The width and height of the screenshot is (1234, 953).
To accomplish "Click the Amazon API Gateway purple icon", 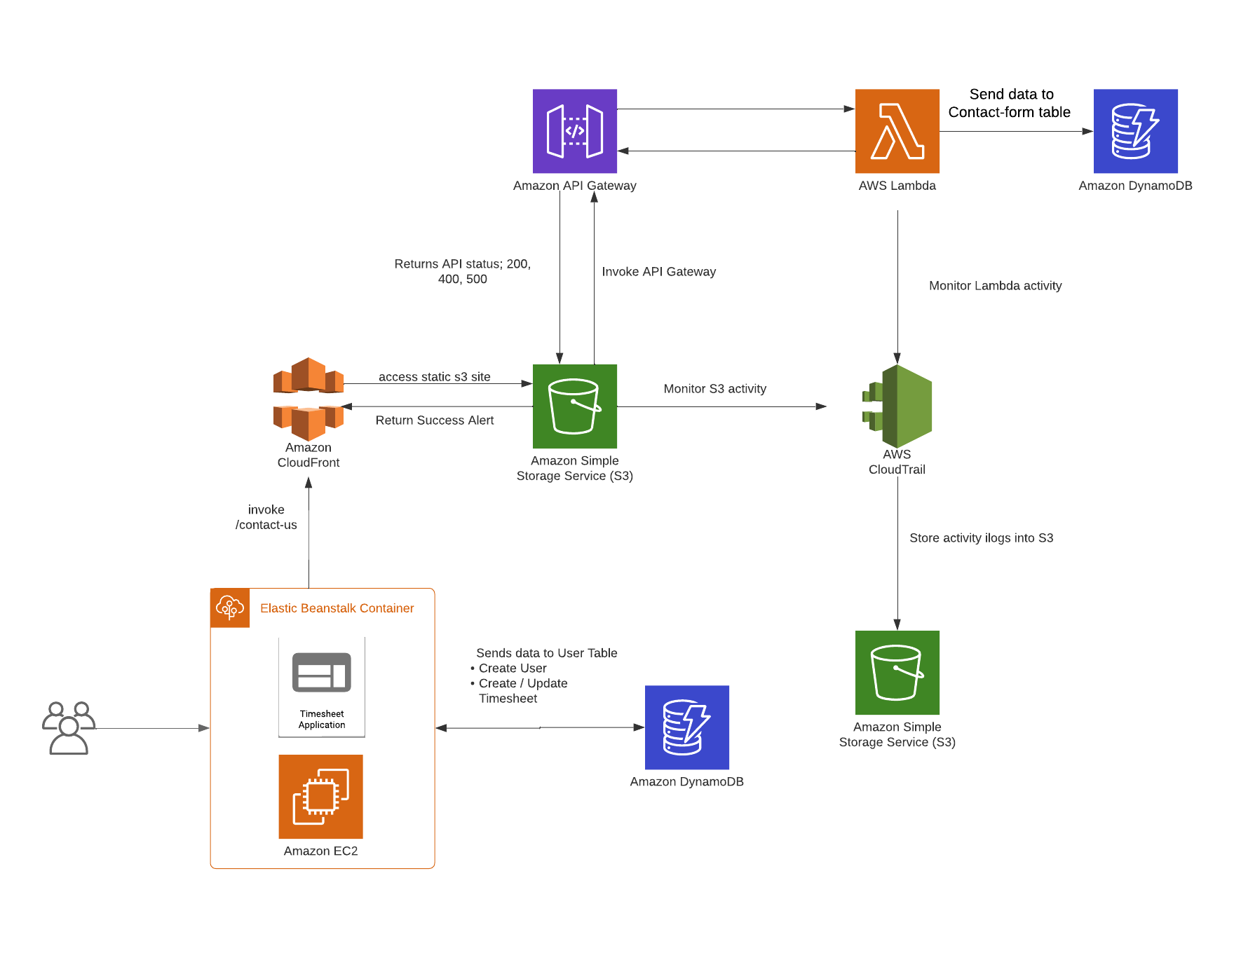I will tap(574, 131).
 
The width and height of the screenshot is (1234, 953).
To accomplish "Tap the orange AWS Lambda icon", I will tap(897, 131).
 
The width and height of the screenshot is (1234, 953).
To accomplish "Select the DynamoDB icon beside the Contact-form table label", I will tap(1135, 131).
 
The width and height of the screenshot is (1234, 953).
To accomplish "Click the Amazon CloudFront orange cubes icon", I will tap(308, 398).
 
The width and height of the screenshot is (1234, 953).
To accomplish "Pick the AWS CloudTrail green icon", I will tap(898, 406).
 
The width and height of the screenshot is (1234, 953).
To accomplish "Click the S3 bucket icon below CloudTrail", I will tap(897, 672).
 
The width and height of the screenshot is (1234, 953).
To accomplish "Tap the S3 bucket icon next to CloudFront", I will tap(574, 406).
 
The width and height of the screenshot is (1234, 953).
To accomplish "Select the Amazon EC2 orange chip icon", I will tap(320, 796).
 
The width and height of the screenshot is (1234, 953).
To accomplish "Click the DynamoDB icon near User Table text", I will tap(686, 727).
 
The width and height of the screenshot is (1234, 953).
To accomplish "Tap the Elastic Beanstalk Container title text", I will tap(337, 608).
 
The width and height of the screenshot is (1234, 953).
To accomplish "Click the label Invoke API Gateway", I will tap(658, 272).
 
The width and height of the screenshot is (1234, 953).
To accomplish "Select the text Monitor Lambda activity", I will tap(995, 286).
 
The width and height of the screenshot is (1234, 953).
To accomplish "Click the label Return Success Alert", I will tap(434, 420).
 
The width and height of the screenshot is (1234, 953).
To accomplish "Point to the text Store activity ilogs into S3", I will tap(981, 538).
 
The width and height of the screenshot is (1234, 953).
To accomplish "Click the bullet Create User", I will tap(512, 669).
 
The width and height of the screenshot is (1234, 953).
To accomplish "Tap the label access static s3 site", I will tap(434, 377).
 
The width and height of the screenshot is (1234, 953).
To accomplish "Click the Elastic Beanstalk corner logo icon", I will tap(230, 608).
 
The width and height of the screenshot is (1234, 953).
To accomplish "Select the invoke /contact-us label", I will tap(266, 517).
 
